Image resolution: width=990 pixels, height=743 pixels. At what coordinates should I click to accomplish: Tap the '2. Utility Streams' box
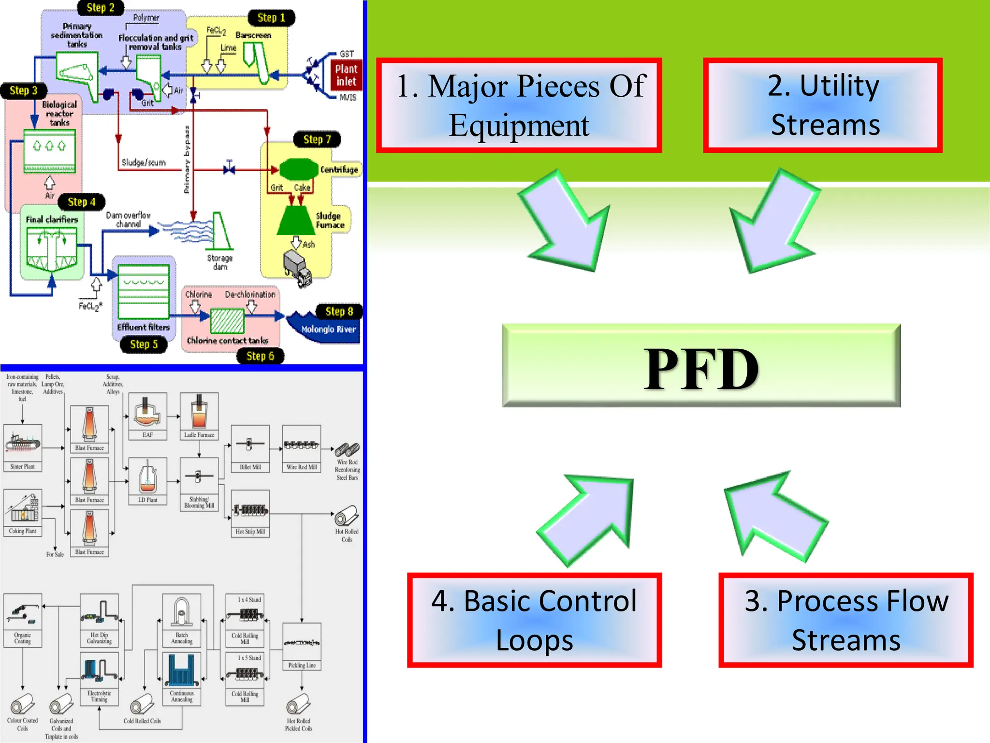tap(823, 105)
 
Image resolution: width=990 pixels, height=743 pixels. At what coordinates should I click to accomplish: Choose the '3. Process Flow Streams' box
tap(845, 620)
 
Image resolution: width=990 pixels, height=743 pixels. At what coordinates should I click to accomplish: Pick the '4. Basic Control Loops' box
tap(534, 620)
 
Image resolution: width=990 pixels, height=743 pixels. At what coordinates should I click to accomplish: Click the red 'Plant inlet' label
tap(346, 75)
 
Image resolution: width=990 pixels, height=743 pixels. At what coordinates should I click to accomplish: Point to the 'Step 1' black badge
tap(271, 18)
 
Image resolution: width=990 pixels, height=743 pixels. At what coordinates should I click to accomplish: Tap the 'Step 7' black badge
tap(317, 139)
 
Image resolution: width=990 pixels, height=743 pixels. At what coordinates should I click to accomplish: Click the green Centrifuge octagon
tap(298, 169)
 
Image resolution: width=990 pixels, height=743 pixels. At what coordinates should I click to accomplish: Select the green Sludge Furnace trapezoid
tap(296, 221)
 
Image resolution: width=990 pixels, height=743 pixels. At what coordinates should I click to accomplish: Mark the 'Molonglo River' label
tap(328, 329)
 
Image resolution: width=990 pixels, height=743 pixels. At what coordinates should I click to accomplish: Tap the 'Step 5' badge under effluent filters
tap(144, 344)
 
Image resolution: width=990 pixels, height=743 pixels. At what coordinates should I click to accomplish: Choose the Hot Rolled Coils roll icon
tap(347, 516)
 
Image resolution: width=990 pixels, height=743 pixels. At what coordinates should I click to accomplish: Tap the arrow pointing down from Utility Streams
tap(773, 223)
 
